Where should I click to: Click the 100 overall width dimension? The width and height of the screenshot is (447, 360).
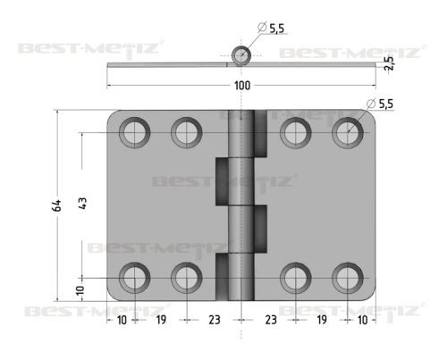point(242,86)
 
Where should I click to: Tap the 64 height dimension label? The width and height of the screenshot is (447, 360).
point(56,205)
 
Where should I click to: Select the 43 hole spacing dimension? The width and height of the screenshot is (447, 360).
point(82,204)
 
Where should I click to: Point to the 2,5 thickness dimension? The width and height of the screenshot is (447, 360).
point(389,63)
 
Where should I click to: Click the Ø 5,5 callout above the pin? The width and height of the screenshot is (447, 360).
point(271,28)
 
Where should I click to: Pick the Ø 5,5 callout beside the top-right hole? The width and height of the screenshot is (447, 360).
point(380,104)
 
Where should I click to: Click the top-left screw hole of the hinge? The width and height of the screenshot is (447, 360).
point(135,132)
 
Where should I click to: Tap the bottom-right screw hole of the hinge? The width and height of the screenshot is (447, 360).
point(348,278)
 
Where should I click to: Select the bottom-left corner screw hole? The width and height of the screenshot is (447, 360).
point(135,278)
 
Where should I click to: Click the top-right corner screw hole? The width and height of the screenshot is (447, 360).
point(348,132)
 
